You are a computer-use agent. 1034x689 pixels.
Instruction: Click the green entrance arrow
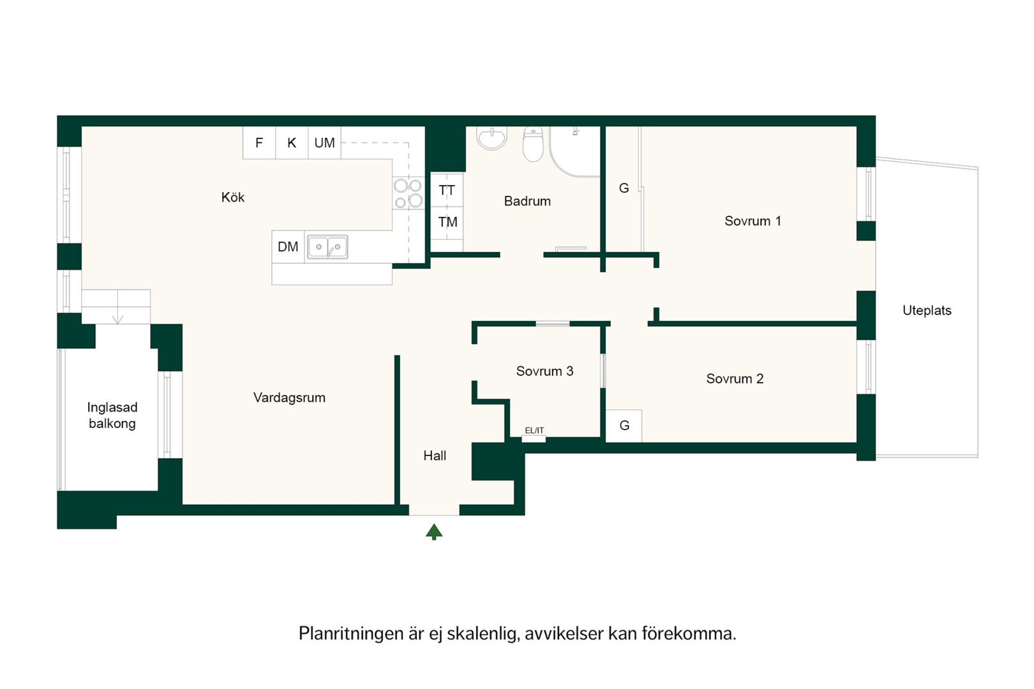(x=434, y=531)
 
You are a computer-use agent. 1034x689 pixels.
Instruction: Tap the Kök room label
(x=232, y=198)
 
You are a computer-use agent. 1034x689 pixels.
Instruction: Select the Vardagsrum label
(x=289, y=398)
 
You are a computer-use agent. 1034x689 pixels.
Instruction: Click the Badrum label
(x=527, y=201)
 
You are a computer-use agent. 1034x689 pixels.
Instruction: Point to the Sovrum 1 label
(x=753, y=221)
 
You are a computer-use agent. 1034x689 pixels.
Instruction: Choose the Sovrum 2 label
(x=735, y=379)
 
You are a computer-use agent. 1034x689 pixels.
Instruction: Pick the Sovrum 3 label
(x=544, y=371)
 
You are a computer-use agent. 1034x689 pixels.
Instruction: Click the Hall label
(x=435, y=456)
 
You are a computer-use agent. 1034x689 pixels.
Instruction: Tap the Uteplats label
(x=927, y=311)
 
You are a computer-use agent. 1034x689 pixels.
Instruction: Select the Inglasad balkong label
(x=112, y=415)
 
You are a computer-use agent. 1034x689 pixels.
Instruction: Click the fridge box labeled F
(x=259, y=143)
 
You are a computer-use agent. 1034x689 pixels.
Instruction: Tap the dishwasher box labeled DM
(x=288, y=247)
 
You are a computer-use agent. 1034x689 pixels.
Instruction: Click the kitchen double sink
(x=327, y=247)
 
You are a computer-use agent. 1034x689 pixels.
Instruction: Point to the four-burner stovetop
(x=408, y=193)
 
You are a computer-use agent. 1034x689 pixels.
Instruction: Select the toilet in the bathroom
(x=533, y=144)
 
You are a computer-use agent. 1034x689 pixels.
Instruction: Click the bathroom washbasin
(x=492, y=138)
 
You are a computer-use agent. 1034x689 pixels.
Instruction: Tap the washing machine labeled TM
(x=447, y=223)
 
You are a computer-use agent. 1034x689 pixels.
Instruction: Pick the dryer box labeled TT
(x=447, y=189)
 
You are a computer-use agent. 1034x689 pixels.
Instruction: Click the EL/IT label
(x=534, y=431)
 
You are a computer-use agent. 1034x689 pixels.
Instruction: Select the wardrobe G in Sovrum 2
(x=624, y=426)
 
